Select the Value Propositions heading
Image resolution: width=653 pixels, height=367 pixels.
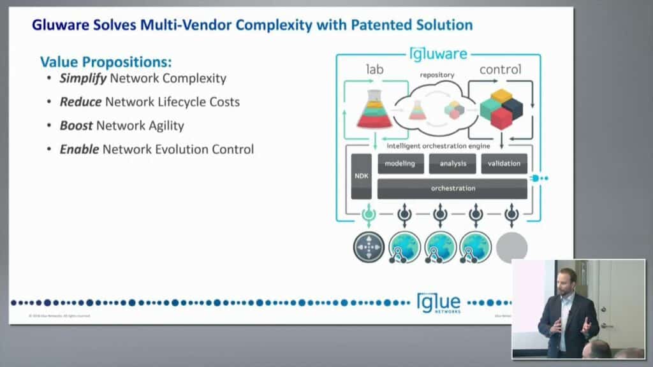pyautogui.click(x=106, y=62)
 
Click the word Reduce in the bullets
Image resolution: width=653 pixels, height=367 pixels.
pyautogui.click(x=81, y=101)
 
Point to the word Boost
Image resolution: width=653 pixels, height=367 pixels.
pyautogui.click(x=77, y=126)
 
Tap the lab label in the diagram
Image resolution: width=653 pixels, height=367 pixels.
pyautogui.click(x=374, y=69)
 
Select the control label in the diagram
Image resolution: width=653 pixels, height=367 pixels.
pyautogui.click(x=501, y=69)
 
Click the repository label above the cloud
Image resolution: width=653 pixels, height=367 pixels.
pyautogui.click(x=437, y=75)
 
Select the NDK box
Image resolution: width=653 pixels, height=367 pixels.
pyautogui.click(x=361, y=176)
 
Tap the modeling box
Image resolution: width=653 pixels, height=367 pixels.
pyautogui.click(x=400, y=164)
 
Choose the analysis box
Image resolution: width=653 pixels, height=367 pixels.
pyautogui.click(x=452, y=164)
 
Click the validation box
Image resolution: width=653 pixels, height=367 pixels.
pyautogui.click(x=504, y=164)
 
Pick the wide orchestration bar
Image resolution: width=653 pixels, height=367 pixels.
pyautogui.click(x=452, y=188)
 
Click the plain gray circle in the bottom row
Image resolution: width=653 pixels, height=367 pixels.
pyautogui.click(x=511, y=248)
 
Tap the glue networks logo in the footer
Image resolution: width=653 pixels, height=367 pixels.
pyautogui.click(x=438, y=303)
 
